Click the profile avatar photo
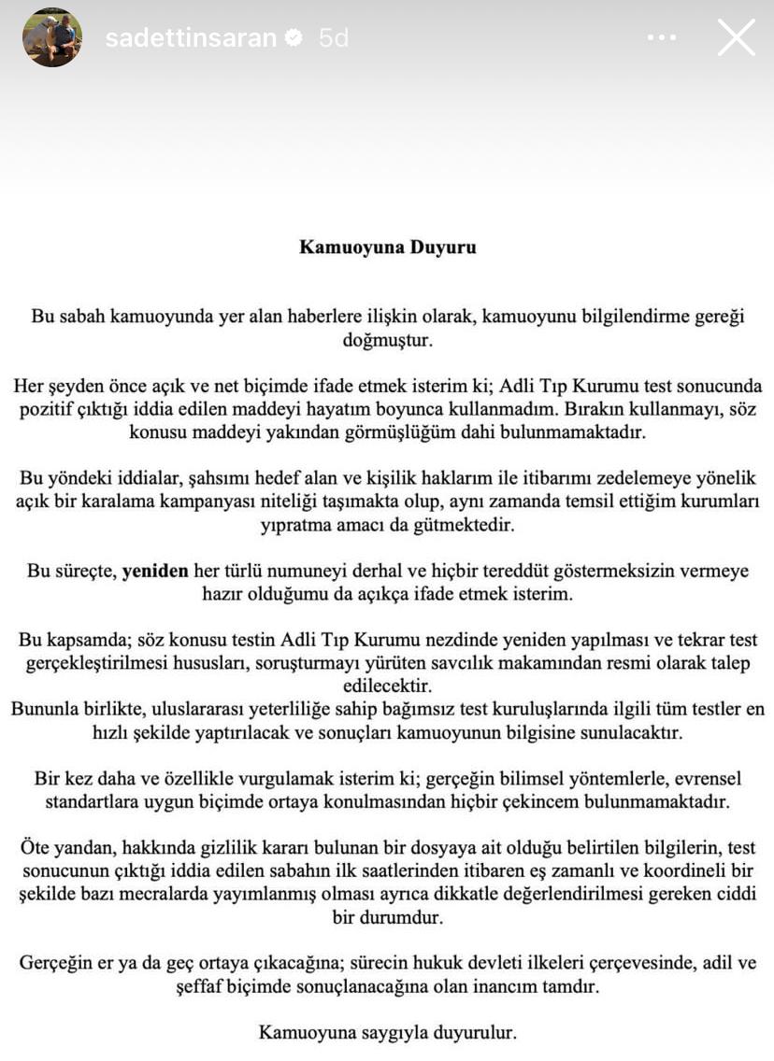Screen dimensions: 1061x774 [x=52, y=37]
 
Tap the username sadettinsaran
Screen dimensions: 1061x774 [x=191, y=38]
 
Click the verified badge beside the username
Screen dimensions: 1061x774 [x=294, y=38]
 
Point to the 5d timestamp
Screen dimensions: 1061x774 [x=334, y=38]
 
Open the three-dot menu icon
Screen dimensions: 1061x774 [x=661, y=38]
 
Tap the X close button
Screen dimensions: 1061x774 [x=736, y=38]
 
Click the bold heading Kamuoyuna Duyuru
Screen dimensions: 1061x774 [x=387, y=248]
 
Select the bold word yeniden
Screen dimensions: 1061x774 [x=155, y=571]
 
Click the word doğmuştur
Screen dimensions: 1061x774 [x=387, y=340]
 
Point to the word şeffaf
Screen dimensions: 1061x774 [x=202, y=985]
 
